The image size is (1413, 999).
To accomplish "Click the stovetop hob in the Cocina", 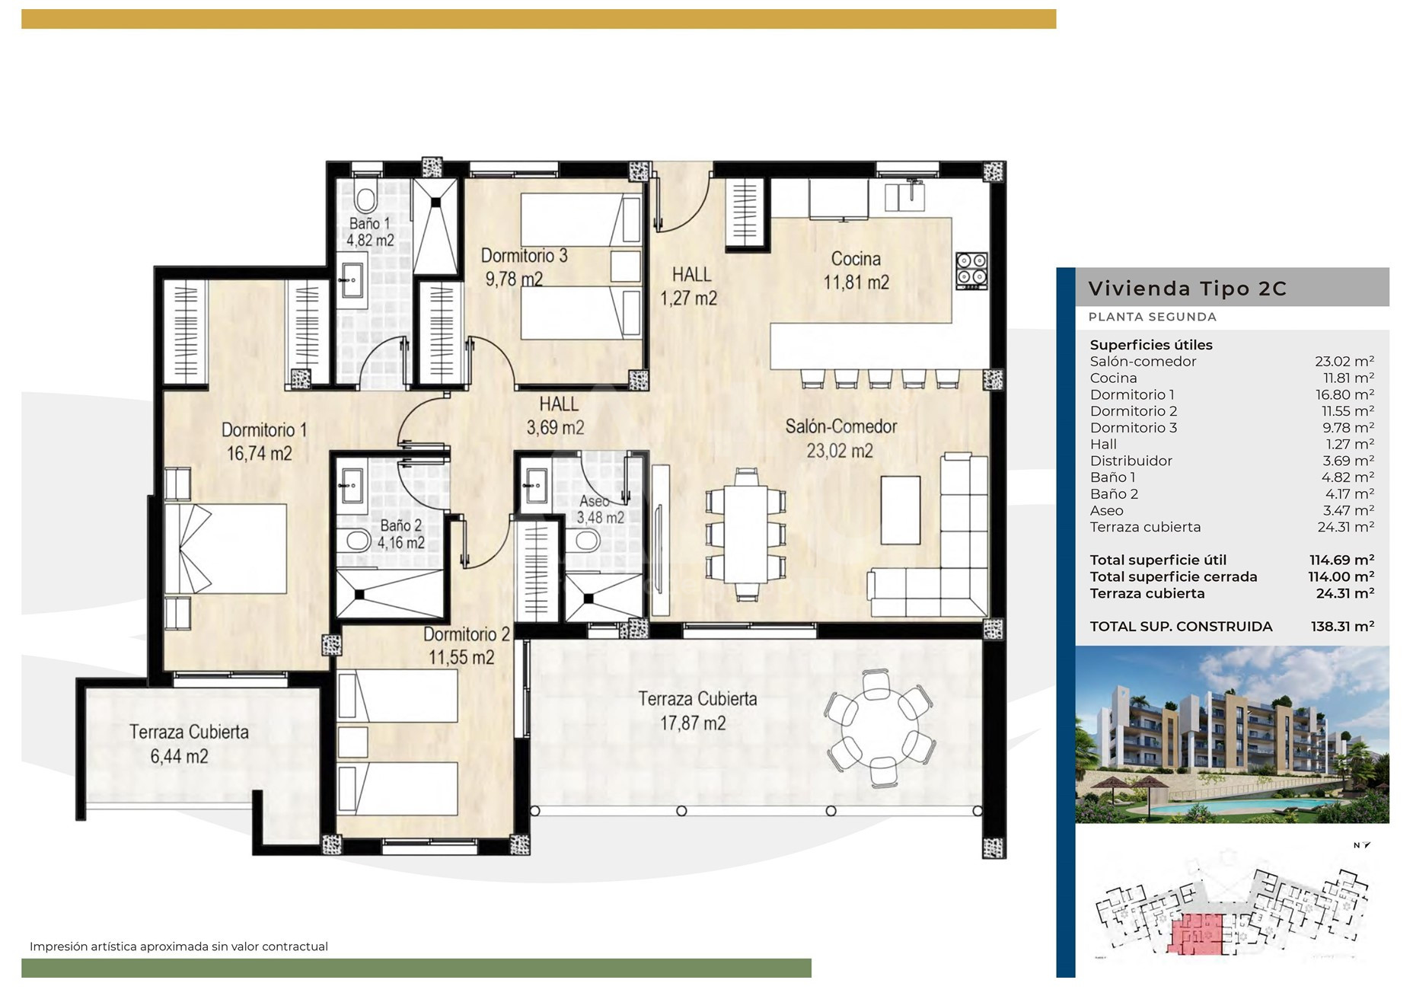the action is pyautogui.click(x=971, y=271).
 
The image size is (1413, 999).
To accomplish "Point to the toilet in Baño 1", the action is pyautogui.click(x=365, y=198).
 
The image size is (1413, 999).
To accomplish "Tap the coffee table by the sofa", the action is pyautogui.click(x=901, y=510).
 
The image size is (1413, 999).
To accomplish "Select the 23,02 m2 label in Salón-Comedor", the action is pyautogui.click(x=840, y=451).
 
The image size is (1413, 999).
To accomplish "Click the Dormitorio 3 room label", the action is pyautogui.click(x=524, y=256).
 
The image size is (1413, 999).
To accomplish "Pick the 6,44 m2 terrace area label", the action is pyautogui.click(x=180, y=756).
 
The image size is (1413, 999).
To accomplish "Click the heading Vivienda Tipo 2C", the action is pyautogui.click(x=1187, y=289).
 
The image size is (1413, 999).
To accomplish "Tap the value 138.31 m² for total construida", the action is pyautogui.click(x=1342, y=627).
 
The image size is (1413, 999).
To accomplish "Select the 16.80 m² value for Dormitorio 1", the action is pyautogui.click(x=1348, y=394).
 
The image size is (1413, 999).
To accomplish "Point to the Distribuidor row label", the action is pyautogui.click(x=1131, y=461).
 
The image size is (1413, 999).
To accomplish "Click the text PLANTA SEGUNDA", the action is pyautogui.click(x=1152, y=317).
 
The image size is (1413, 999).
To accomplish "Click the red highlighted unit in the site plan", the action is pyautogui.click(x=1196, y=934).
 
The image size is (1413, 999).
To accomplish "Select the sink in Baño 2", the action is pyautogui.click(x=352, y=485).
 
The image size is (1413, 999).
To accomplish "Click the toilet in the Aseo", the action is pyautogui.click(x=587, y=541).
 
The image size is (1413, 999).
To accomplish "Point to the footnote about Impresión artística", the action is pyautogui.click(x=179, y=946).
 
